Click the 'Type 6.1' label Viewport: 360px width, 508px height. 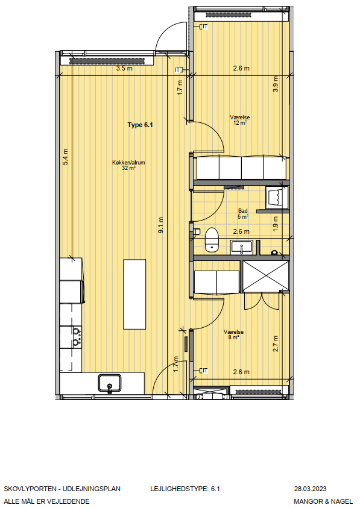coord(140,125)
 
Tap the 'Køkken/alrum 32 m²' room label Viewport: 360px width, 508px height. coord(128,165)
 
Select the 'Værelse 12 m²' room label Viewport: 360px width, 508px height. coord(239,120)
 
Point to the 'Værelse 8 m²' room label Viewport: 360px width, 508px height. coord(233,334)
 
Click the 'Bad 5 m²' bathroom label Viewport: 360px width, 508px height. coord(242,214)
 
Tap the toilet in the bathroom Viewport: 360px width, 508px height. coord(212,239)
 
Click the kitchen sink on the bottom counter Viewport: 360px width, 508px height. coord(110,383)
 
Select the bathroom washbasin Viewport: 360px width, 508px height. coord(242,247)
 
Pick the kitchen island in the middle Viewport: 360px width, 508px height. coord(134,294)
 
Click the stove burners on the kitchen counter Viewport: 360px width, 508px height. coord(77,337)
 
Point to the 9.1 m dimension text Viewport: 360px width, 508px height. coord(160,225)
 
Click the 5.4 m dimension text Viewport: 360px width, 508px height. coord(65,157)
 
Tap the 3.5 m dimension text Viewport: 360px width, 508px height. coord(125,68)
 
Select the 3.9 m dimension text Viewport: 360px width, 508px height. coord(276,84)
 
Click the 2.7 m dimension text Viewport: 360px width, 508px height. coord(276,343)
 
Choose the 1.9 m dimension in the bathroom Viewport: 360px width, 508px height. coord(276,224)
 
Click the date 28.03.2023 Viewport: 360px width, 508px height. coord(310,489)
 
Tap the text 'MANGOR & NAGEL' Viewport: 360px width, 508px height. coord(323,501)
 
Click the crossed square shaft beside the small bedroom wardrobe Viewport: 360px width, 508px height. coord(266,276)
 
